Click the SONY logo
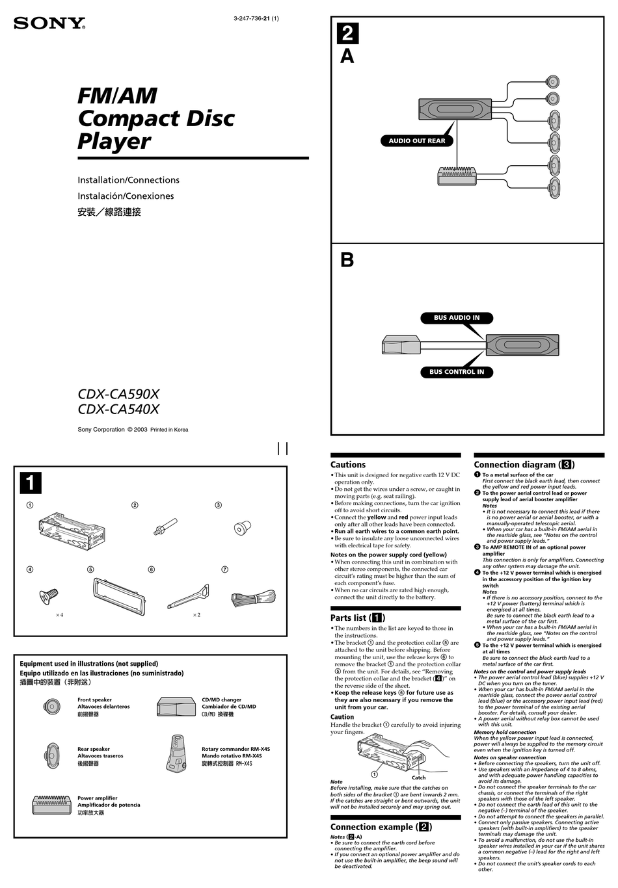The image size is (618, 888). (x=49, y=24)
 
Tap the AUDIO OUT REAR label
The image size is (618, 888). (x=417, y=140)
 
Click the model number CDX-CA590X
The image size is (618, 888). (x=118, y=394)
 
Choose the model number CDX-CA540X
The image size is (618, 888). (x=118, y=410)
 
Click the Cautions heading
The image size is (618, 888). (x=348, y=465)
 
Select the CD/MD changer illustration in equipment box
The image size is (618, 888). (x=175, y=707)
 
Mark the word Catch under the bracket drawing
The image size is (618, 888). (x=418, y=777)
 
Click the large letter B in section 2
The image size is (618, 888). (x=347, y=260)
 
